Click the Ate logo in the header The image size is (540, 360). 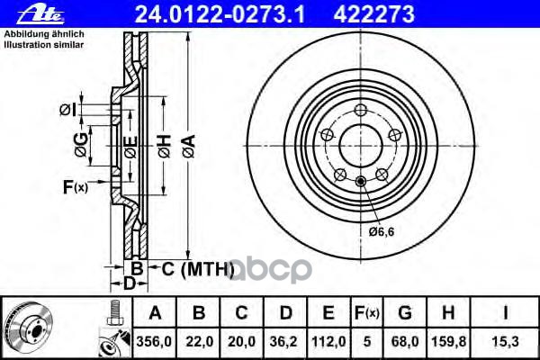[40, 14]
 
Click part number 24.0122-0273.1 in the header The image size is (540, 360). [220, 14]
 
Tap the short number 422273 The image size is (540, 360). [374, 14]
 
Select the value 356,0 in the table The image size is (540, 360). [154, 342]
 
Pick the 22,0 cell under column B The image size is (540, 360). [200, 342]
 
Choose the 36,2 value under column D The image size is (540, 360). [283, 342]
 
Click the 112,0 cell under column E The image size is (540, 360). [328, 342]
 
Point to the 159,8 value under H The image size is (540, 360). [448, 342]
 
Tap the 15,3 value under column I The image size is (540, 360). [505, 342]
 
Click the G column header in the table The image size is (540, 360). [405, 313]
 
